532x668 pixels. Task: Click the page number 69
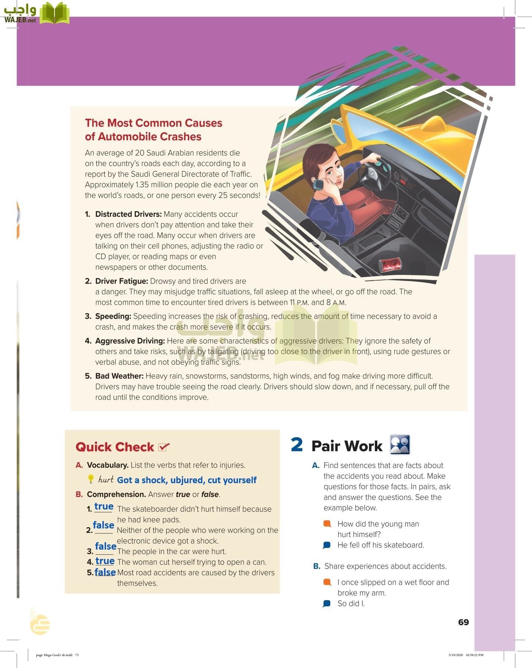click(463, 622)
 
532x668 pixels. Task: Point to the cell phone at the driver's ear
click(318, 184)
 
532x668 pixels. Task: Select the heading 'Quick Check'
click(115, 447)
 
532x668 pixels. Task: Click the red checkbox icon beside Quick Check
click(164, 447)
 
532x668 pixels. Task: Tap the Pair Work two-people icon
click(400, 445)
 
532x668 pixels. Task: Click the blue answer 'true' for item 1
click(104, 507)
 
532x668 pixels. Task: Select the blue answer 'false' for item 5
click(105, 572)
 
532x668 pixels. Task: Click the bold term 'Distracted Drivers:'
click(128, 214)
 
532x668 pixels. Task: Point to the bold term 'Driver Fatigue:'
click(122, 281)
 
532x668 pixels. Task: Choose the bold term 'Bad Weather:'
click(119, 376)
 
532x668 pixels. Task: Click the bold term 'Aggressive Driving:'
click(130, 341)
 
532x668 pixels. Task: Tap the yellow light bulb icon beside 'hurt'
click(91, 479)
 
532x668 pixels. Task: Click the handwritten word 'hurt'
click(106, 479)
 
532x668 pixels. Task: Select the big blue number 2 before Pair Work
click(297, 445)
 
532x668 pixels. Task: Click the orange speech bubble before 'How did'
click(327, 524)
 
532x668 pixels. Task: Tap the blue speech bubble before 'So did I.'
click(327, 604)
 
